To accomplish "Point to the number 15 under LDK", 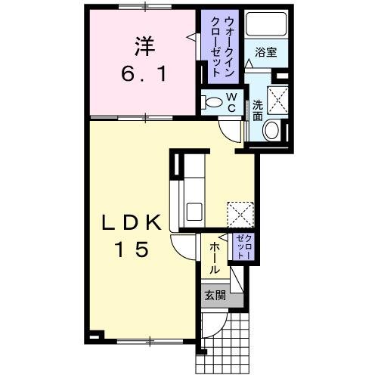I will (133, 249).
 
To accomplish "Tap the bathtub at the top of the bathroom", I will (264, 26).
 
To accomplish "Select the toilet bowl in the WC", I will (214, 103).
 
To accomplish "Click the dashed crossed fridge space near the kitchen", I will (243, 215).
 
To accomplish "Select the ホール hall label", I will (215, 257).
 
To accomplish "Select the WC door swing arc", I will (229, 129).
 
